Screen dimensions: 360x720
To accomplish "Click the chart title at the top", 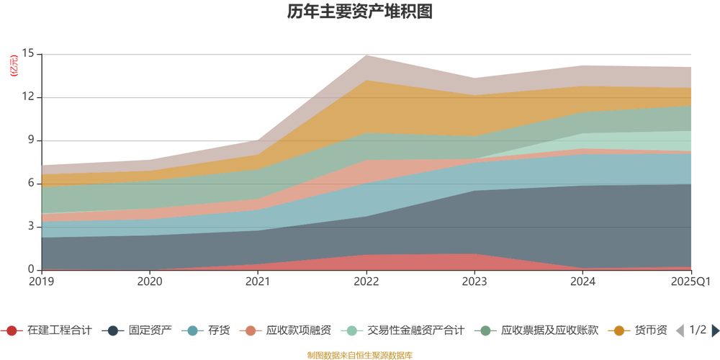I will click(x=360, y=12).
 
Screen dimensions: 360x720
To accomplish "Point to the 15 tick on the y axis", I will click(x=29, y=53).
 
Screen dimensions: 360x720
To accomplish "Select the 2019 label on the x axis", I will click(x=41, y=280).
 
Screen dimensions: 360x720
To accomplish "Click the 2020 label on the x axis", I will click(x=150, y=280).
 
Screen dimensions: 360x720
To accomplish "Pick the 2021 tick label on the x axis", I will click(x=258, y=280).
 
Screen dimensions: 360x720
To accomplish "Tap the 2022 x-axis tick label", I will click(x=366, y=280).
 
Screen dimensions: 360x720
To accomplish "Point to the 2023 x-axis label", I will click(x=474, y=280).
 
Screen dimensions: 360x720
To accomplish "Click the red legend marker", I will click(x=12, y=330).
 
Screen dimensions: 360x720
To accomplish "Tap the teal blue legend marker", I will click(x=192, y=330).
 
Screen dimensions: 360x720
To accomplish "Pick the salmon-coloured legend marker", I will click(x=251, y=330).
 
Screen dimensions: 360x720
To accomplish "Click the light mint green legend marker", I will click(x=351, y=330).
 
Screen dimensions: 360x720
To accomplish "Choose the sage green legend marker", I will click(x=486, y=330).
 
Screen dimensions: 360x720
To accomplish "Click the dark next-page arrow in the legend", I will click(x=714, y=330).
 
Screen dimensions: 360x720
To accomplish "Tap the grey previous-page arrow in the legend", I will click(x=679, y=330).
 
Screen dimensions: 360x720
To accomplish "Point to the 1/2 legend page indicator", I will click(x=696, y=330).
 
